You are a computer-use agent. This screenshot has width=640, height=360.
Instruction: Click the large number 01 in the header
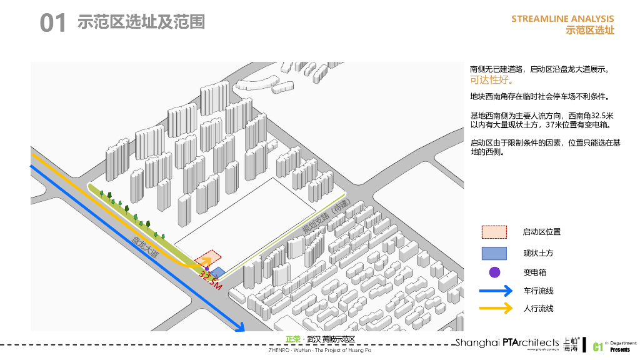coord(52,24)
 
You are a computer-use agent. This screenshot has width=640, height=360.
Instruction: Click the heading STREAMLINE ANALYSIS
coord(562,19)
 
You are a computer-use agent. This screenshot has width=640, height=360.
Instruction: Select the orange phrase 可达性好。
coord(492,80)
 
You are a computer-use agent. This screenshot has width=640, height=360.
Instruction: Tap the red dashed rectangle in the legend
coord(494,232)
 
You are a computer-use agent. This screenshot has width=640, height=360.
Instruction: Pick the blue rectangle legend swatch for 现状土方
coord(494,253)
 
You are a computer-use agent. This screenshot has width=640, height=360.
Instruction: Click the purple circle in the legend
coord(494,272)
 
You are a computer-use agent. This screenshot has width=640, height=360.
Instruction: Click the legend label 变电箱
coord(534,272)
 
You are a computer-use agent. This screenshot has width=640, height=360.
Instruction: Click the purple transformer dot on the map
coord(207,269)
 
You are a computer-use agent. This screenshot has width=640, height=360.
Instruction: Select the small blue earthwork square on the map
coord(218,272)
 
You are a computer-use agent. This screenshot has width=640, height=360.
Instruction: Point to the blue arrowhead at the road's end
coord(238,327)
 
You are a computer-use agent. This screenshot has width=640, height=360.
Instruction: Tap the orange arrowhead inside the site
coord(207,262)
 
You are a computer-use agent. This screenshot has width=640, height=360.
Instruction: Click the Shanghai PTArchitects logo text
coord(507,342)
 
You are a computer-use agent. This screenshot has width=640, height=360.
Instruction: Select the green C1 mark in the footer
coord(597,346)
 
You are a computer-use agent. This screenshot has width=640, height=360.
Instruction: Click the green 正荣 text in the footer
coord(292,339)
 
